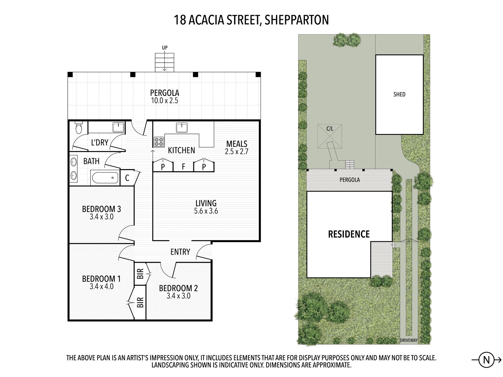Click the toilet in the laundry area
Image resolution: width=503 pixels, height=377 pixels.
(x=79, y=128)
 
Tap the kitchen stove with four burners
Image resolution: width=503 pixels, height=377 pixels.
(x=159, y=142)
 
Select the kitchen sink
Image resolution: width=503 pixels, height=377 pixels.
(x=182, y=127)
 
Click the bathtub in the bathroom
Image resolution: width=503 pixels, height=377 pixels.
(x=105, y=178)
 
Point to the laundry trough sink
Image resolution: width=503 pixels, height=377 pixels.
(x=119, y=127)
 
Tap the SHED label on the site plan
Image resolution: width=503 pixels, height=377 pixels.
(x=399, y=94)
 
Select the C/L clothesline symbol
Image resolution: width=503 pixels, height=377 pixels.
(x=330, y=137)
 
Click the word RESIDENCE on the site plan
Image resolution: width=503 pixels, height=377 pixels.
(x=349, y=234)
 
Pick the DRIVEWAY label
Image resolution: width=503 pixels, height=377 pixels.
(x=408, y=340)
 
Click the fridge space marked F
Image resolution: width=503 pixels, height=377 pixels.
(x=183, y=167)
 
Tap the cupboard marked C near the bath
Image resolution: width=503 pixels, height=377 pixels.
(x=127, y=178)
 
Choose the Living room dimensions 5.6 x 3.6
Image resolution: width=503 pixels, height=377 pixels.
(x=206, y=211)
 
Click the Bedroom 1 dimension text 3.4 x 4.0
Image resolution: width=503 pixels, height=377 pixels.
(x=101, y=286)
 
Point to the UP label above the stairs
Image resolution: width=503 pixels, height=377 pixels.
(x=165, y=48)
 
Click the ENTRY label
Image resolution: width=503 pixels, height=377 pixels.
(x=180, y=252)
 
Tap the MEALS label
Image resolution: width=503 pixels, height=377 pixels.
(x=237, y=144)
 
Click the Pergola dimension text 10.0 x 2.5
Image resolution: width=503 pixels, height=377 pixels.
(x=164, y=101)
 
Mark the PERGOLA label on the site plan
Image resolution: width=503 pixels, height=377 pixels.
(x=350, y=180)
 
